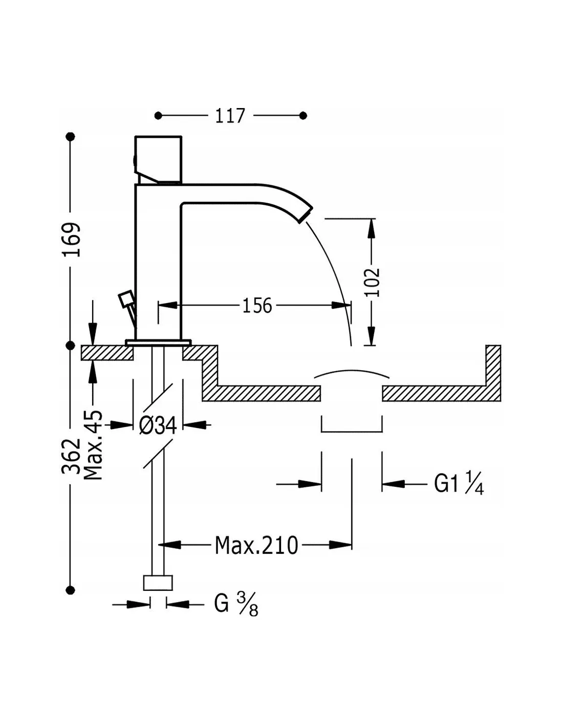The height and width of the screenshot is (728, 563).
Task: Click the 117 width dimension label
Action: (x=230, y=116)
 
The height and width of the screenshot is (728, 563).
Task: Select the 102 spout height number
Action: (x=373, y=282)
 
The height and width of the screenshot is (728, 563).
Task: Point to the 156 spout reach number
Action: (x=257, y=305)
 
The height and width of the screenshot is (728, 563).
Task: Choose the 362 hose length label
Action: (x=71, y=456)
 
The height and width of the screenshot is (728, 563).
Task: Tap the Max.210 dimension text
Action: (x=256, y=545)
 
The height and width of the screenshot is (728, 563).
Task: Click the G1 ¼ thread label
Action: (x=459, y=483)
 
